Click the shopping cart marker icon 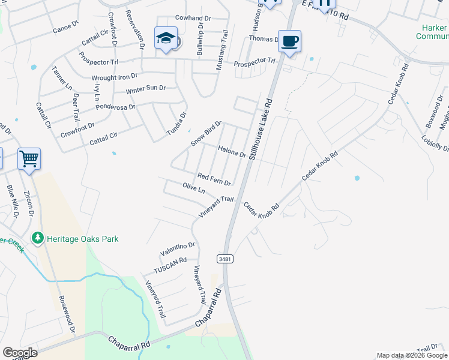pyautogui.click(x=29, y=159)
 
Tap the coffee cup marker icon pyautogui.click(x=289, y=41)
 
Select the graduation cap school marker pyautogui.click(x=166, y=38)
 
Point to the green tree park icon pyautogui.click(x=38, y=239)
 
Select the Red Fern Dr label pyautogui.click(x=214, y=178)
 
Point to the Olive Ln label pyautogui.click(x=194, y=189)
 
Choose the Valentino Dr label pyautogui.click(x=178, y=245)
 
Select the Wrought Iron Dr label pyautogui.click(x=114, y=77)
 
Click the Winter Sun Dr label pyautogui.click(x=145, y=89)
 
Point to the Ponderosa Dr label pyautogui.click(x=116, y=108)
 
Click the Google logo pyautogui.click(x=19, y=352)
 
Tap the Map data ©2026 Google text pyautogui.click(x=411, y=355)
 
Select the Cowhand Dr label pyautogui.click(x=193, y=18)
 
